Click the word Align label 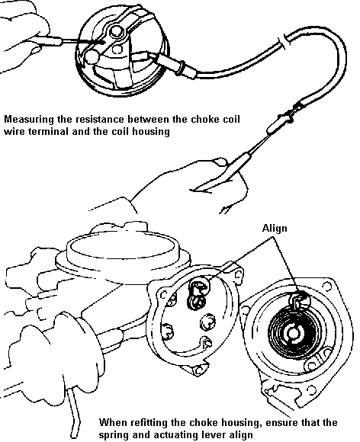[275, 228]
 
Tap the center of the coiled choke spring [293, 333]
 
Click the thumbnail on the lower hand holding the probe [220, 162]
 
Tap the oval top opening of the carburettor [122, 248]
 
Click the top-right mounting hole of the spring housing [327, 287]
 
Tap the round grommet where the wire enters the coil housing [182, 68]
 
